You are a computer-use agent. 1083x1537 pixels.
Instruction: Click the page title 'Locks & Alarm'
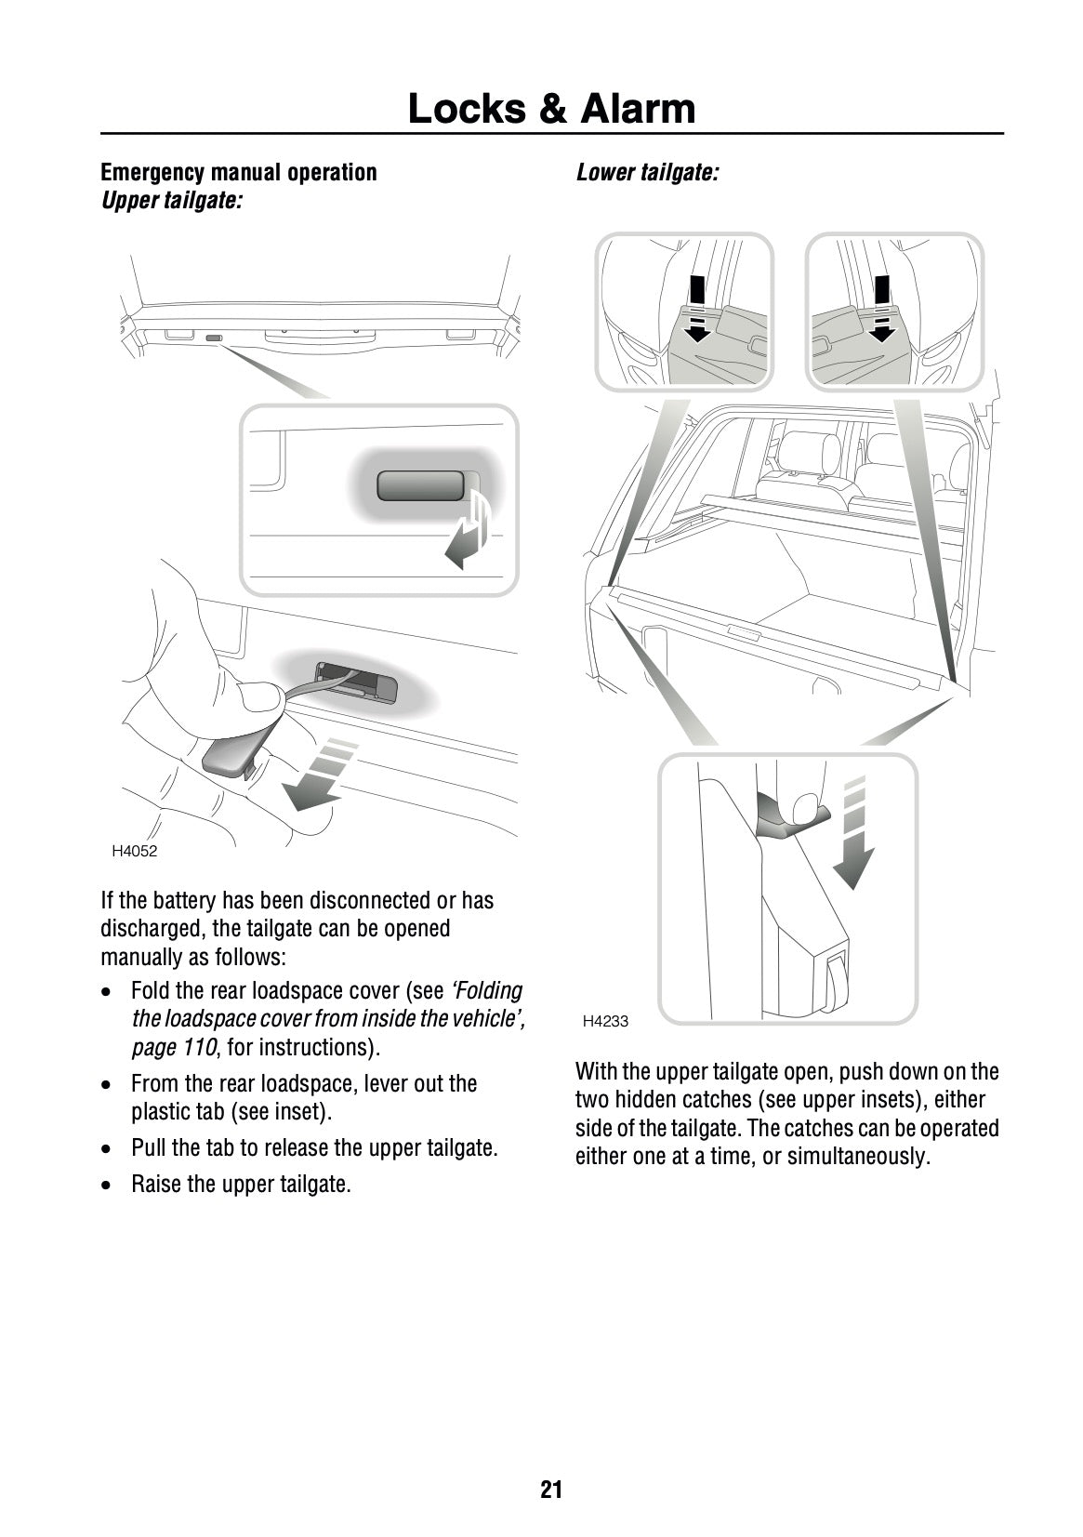point(551,109)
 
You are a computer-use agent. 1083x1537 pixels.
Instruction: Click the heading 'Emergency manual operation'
point(239,172)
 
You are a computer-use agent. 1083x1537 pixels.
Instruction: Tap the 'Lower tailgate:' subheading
point(646,172)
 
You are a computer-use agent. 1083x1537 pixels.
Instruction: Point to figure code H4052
point(134,851)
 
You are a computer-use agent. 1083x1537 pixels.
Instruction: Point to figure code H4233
point(605,1021)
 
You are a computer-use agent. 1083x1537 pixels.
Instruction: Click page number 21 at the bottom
point(551,1490)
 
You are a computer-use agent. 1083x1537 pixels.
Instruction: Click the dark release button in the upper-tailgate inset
point(420,485)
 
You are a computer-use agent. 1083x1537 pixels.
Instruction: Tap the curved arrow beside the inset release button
point(471,534)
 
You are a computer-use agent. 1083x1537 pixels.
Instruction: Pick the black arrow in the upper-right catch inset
point(879,309)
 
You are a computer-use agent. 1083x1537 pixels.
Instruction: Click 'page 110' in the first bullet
point(173,1047)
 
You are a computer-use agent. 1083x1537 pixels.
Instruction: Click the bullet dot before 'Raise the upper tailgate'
point(110,1186)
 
